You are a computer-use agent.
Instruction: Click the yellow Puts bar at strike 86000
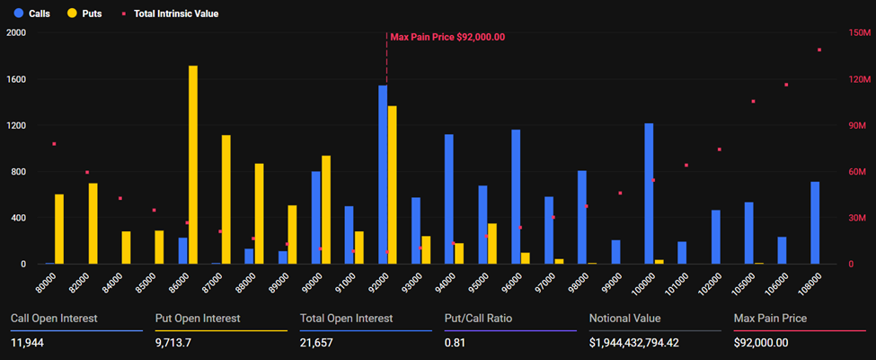pyautogui.click(x=193, y=165)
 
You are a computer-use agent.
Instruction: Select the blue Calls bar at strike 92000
pyautogui.click(x=383, y=175)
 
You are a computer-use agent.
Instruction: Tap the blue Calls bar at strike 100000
pyautogui.click(x=649, y=193)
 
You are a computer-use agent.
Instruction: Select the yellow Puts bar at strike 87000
pyautogui.click(x=226, y=199)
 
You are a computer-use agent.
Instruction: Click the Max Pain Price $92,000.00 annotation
pyautogui.click(x=447, y=37)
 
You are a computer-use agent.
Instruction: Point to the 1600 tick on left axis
pyautogui.click(x=17, y=79)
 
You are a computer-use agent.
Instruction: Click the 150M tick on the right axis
pyautogui.click(x=859, y=32)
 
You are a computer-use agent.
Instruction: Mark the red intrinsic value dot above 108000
pyautogui.click(x=819, y=50)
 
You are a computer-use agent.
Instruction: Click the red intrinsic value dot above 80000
pyautogui.click(x=54, y=144)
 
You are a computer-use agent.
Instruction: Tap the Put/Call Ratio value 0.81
pyautogui.click(x=456, y=343)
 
